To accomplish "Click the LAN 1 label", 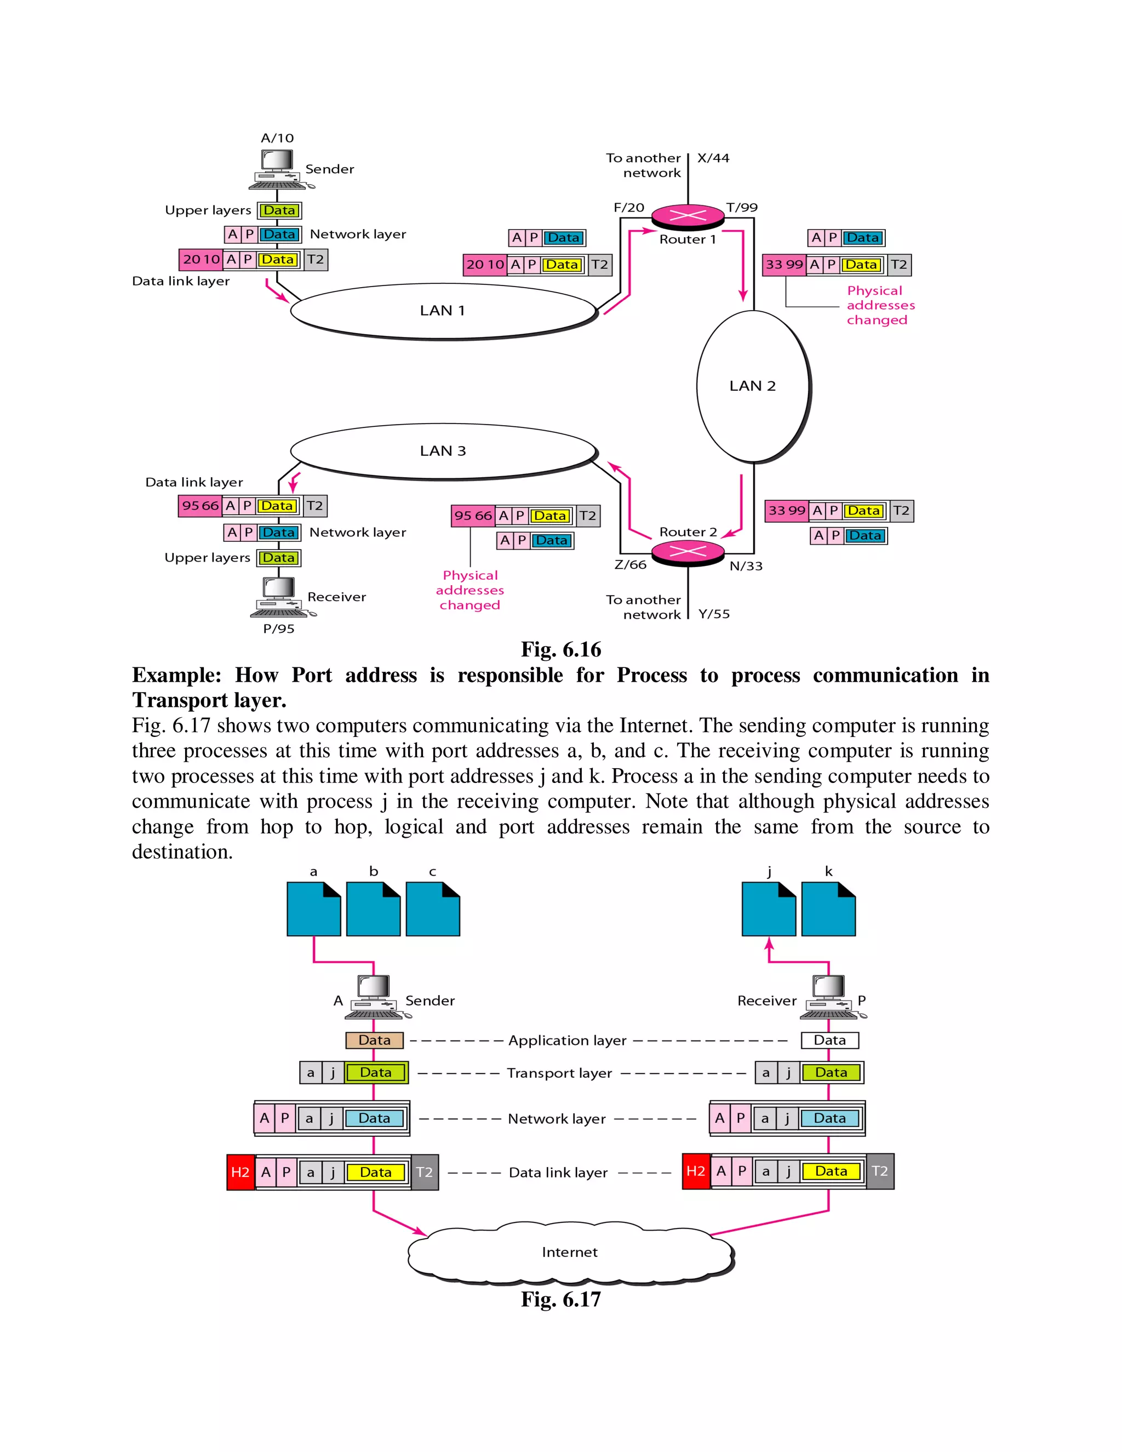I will (x=442, y=311).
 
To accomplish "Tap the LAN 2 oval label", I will (x=752, y=386).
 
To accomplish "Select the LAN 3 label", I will (x=443, y=451).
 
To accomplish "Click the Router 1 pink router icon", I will (x=688, y=215).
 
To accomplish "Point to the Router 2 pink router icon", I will (x=688, y=552).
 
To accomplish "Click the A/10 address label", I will (x=277, y=138).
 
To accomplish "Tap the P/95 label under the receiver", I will (x=278, y=629).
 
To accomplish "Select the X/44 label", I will (x=713, y=158).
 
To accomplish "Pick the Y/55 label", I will (x=714, y=614).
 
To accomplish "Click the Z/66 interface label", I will (x=630, y=565).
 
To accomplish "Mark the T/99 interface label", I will (x=742, y=208).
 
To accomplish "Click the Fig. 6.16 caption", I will (x=561, y=649).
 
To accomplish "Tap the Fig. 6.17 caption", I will (x=561, y=1299).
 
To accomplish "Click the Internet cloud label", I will (x=570, y=1253).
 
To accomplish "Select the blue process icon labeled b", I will (x=374, y=909).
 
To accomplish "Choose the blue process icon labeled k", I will (x=828, y=909).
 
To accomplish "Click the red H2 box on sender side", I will (x=241, y=1172).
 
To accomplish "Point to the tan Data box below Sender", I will (x=374, y=1041).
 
